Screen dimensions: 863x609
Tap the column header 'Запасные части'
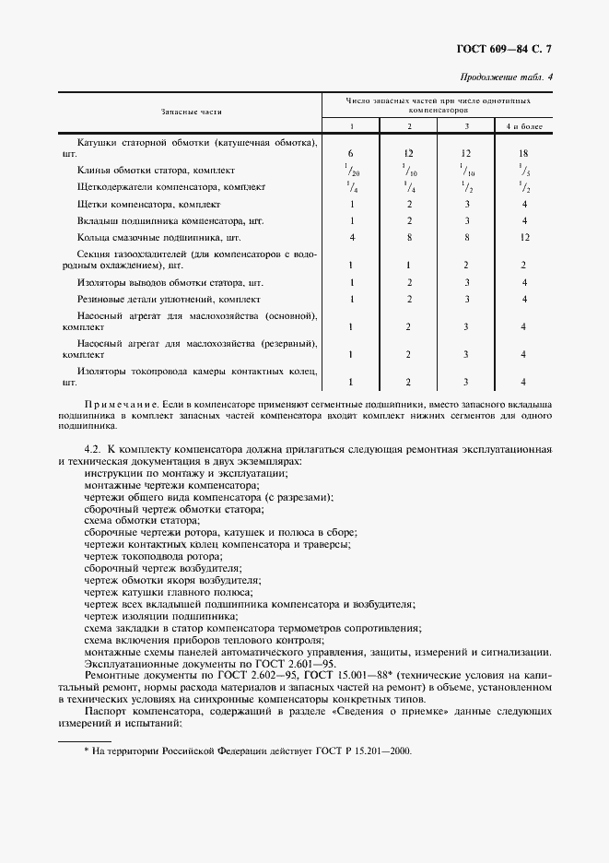[191, 111]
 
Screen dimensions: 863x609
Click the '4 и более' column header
[523, 125]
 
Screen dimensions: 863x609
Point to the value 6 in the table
[351, 152]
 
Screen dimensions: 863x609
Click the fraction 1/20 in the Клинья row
[351, 170]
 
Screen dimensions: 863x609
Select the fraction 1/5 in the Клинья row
[523, 170]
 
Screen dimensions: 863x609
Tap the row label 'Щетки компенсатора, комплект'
[149, 204]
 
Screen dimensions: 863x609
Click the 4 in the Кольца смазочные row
[351, 237]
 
